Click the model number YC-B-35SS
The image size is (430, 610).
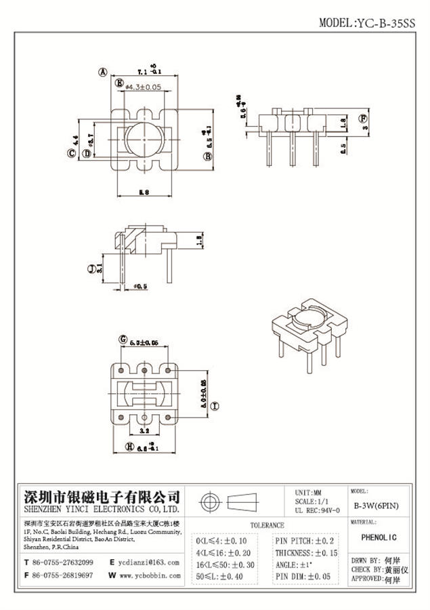(x=389, y=22)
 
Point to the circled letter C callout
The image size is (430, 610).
(x=70, y=154)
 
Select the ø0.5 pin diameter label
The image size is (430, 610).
(x=141, y=287)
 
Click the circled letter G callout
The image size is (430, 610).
(x=123, y=338)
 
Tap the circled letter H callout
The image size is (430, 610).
(x=129, y=446)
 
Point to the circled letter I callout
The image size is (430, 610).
(x=215, y=406)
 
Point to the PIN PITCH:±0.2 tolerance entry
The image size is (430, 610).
(x=305, y=541)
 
